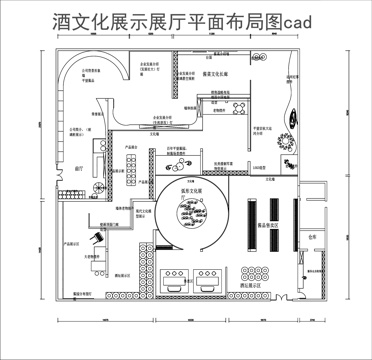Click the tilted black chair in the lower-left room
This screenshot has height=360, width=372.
pos(96,241)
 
